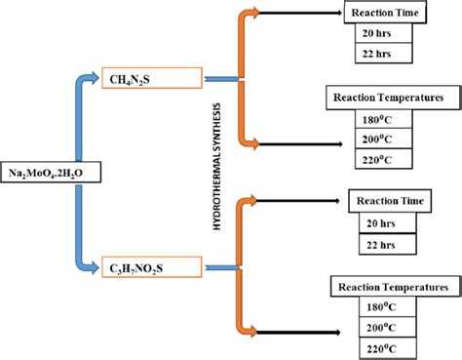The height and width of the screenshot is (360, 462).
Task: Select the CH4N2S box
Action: tap(140, 75)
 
